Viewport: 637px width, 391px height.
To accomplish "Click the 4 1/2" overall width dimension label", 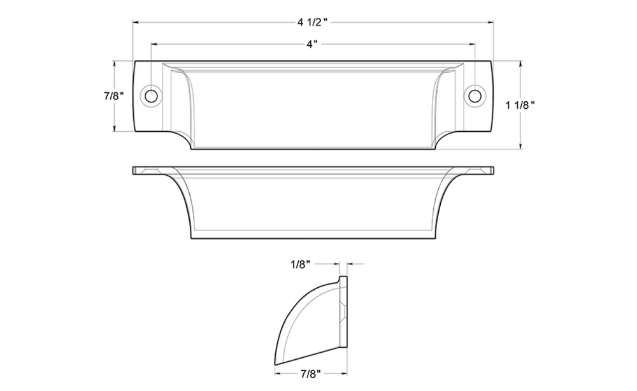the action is (312, 22).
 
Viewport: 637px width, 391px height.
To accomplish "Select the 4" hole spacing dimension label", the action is (311, 44).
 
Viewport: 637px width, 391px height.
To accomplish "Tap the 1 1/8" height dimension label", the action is (520, 105).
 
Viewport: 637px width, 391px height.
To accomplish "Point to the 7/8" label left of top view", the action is (114, 96).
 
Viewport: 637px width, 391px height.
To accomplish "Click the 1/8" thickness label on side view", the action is (300, 264).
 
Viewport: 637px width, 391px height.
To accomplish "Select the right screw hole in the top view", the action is (474, 96).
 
